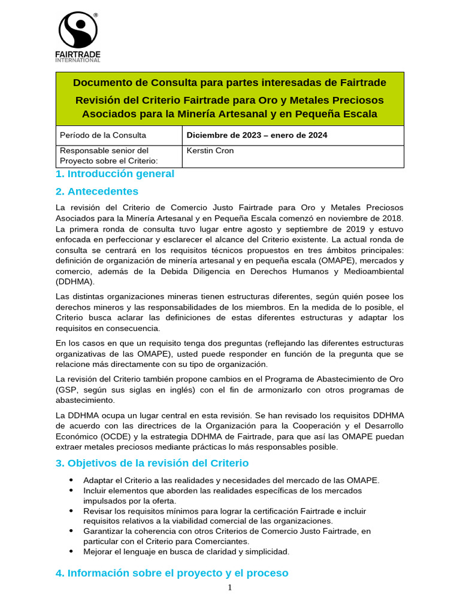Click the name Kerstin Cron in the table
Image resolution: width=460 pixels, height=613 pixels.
coord(210,151)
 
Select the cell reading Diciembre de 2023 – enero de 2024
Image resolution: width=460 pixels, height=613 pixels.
coord(257,135)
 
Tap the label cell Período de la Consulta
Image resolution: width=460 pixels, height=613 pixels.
coord(103,135)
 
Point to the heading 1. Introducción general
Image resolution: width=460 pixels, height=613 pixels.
coord(114,174)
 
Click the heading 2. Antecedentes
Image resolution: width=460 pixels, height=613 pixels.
coord(96,192)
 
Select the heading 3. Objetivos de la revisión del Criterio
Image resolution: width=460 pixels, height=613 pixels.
coord(152,463)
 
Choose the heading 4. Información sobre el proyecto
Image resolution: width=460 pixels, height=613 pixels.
coord(171,573)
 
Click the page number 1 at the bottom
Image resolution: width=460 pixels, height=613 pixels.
coord(230,588)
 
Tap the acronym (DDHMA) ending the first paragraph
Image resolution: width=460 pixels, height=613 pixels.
coord(74,282)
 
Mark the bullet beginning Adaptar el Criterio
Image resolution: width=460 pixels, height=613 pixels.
coord(231,480)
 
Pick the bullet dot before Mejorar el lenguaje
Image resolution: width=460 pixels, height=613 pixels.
coord(71,551)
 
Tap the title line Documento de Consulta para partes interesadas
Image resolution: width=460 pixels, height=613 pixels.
coord(229,83)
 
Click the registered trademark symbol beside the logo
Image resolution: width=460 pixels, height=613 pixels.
coord(96,15)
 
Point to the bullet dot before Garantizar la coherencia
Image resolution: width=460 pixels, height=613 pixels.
coord(71,531)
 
